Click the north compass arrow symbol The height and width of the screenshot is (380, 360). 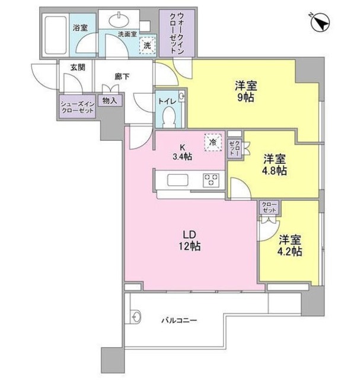click(321, 23)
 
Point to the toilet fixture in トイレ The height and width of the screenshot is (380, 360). click(169, 118)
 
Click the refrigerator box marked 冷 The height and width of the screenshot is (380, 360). click(211, 142)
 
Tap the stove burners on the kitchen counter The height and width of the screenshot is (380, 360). click(211, 180)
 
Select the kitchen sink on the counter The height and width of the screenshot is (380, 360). click(177, 180)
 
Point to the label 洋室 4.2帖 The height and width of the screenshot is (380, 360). click(290, 245)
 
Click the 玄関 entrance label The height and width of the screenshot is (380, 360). click(77, 68)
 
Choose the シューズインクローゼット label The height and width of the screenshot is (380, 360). click(77, 107)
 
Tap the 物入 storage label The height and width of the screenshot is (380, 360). click(110, 101)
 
